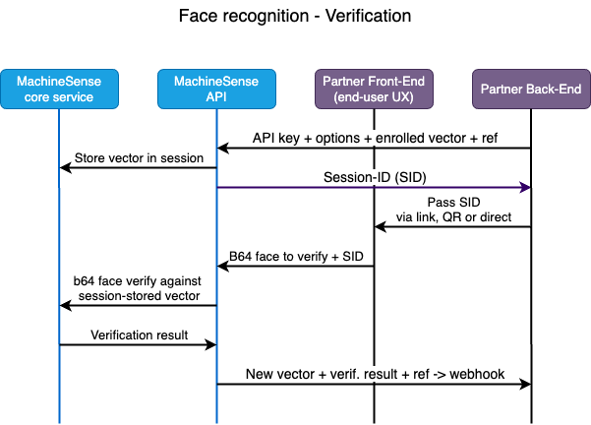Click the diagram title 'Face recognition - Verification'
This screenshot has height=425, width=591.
(295, 17)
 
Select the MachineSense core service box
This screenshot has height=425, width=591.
(59, 90)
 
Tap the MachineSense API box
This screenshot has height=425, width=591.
(216, 90)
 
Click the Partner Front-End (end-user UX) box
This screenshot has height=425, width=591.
(374, 90)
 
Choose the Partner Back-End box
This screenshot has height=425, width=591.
(531, 90)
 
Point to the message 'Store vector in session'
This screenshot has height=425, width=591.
(139, 157)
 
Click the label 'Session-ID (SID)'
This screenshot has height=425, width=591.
(374, 177)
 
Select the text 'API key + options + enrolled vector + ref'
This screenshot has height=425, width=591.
(374, 138)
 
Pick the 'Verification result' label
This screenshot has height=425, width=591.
(139, 334)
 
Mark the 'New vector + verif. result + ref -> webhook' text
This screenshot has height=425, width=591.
(374, 373)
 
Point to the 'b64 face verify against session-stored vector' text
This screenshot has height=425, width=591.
(138, 288)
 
